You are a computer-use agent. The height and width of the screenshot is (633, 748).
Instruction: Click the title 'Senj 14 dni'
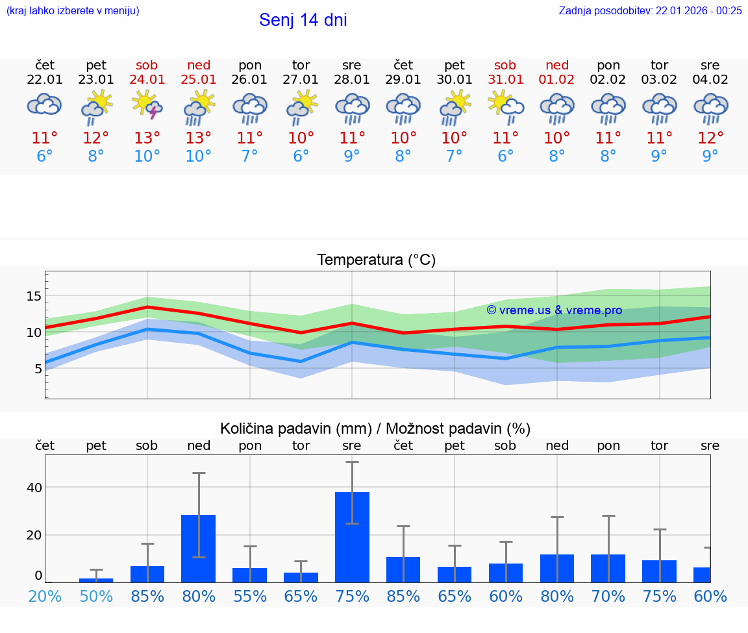pyautogui.click(x=303, y=20)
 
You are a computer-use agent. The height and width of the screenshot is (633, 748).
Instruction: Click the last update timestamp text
pyautogui.click(x=650, y=10)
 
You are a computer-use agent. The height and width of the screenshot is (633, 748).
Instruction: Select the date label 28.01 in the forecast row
pyautogui.click(x=352, y=80)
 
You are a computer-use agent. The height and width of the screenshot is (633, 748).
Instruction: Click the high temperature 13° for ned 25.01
pyautogui.click(x=199, y=138)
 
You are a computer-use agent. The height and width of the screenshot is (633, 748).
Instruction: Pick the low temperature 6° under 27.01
pyautogui.click(x=301, y=156)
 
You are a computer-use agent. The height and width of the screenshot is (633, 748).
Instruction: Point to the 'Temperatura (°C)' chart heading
pyautogui.click(x=376, y=260)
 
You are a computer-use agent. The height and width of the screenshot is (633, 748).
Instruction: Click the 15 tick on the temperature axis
pyautogui.click(x=34, y=296)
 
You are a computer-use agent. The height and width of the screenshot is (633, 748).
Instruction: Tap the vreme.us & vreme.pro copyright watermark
pyautogui.click(x=554, y=310)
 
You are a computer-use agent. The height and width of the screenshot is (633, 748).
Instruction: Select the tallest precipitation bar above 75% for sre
pyautogui.click(x=352, y=537)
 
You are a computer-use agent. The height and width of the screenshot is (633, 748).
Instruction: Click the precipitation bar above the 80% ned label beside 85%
pyautogui.click(x=199, y=548)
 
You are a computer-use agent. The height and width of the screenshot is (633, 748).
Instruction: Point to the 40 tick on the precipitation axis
pyautogui.click(x=34, y=488)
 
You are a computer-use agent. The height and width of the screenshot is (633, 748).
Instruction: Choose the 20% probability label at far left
pyautogui.click(x=45, y=596)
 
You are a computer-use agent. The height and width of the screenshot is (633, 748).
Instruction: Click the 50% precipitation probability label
pyautogui.click(x=96, y=596)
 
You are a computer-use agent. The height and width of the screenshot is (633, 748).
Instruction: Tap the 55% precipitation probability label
pyautogui.click(x=250, y=596)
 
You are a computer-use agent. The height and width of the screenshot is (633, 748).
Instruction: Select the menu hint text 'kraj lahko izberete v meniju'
pyautogui.click(x=73, y=10)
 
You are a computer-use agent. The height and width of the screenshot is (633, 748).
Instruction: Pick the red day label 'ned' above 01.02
pyautogui.click(x=556, y=65)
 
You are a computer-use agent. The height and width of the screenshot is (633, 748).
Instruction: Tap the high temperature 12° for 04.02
pyautogui.click(x=710, y=138)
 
